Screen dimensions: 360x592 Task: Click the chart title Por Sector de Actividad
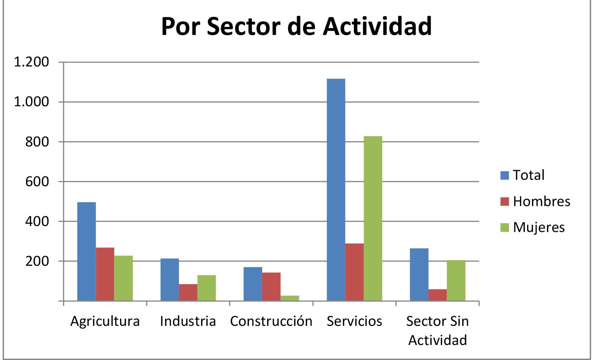[296, 26]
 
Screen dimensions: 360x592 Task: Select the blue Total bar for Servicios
[336, 190]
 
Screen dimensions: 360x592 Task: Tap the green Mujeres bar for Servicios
[373, 218]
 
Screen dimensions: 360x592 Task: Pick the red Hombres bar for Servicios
[355, 272]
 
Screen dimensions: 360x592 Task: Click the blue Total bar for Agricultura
[86, 252]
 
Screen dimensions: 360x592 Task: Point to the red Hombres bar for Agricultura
[105, 274]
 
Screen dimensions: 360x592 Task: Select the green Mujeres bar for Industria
[207, 288]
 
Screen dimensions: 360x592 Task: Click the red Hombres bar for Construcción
[271, 286]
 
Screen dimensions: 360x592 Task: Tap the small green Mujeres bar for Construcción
[290, 298]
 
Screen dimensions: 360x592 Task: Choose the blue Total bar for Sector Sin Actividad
[419, 274]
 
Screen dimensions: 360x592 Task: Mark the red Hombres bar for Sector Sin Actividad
[437, 295]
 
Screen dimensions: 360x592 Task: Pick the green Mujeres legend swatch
[505, 227]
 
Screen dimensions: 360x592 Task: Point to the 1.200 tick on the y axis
[32, 62]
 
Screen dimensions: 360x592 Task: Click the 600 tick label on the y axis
[37, 182]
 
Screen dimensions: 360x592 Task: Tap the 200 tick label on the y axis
[37, 261]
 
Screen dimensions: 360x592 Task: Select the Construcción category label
[271, 321]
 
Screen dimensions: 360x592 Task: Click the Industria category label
[188, 321]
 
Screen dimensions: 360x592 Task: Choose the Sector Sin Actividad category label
[437, 330]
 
